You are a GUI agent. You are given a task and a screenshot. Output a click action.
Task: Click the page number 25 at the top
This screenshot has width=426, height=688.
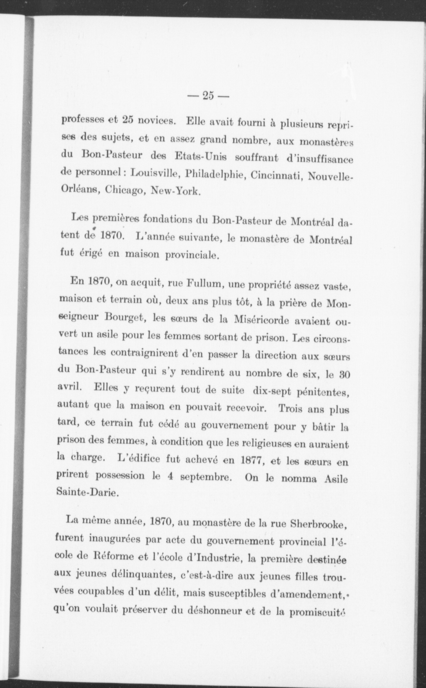point(208,96)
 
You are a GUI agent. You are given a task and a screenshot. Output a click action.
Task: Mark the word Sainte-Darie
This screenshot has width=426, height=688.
point(87,494)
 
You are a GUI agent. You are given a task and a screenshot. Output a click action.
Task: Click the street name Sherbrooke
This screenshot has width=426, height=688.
point(318,523)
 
